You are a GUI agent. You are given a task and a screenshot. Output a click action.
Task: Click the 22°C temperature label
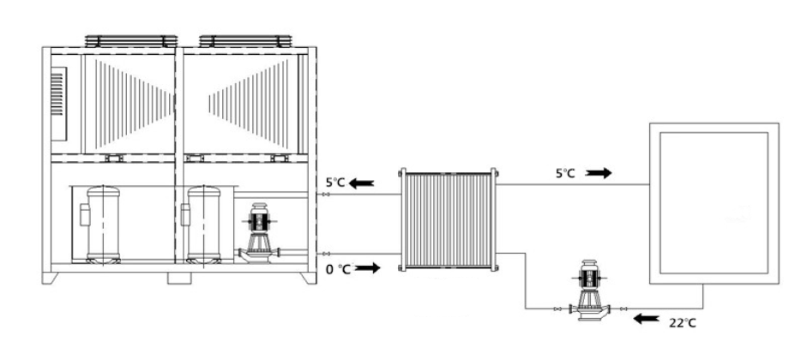pyautogui.click(x=683, y=323)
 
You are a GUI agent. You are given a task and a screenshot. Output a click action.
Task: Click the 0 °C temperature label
pyautogui.click(x=339, y=268)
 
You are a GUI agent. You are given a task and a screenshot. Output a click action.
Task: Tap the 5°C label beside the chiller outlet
pyautogui.click(x=334, y=182)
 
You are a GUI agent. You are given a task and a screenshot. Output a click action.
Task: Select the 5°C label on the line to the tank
pyautogui.click(x=564, y=173)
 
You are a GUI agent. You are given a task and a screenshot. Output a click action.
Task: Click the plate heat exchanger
pyautogui.click(x=449, y=219)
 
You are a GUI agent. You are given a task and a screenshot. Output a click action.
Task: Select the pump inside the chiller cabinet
pyautogui.click(x=259, y=233)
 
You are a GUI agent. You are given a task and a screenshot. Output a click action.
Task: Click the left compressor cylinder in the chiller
pyautogui.click(x=103, y=225)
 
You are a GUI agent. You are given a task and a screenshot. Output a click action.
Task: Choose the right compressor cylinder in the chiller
pyautogui.click(x=204, y=225)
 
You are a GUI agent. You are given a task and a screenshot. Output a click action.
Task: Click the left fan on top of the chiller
pyautogui.click(x=131, y=41)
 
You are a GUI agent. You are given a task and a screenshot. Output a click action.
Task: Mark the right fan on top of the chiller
pyautogui.click(x=245, y=41)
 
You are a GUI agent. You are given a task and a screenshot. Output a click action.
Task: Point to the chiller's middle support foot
pyautogui.click(x=179, y=279)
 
